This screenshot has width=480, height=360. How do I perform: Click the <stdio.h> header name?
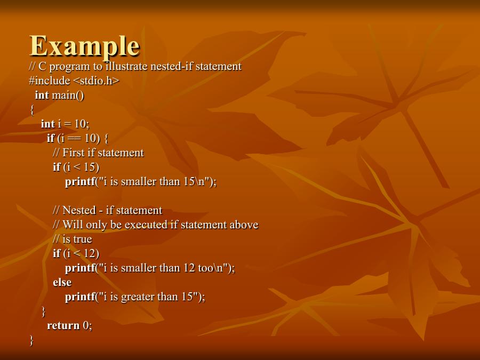[x=96, y=81]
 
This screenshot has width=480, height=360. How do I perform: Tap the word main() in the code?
[x=68, y=95]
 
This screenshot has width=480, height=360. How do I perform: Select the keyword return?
[x=63, y=326]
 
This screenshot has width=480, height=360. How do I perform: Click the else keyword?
[x=62, y=283]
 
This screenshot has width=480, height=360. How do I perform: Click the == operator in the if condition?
[x=76, y=139]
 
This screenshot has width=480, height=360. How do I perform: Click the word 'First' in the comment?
[x=74, y=153]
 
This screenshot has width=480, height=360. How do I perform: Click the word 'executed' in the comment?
[x=145, y=225]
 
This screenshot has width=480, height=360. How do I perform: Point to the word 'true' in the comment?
[x=82, y=239]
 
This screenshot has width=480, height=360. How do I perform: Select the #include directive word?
[x=49, y=81]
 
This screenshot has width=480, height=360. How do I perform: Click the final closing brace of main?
[x=31, y=340]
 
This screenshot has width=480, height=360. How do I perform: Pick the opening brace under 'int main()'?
[x=31, y=110]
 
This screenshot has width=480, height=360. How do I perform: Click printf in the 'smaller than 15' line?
[x=80, y=182]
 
